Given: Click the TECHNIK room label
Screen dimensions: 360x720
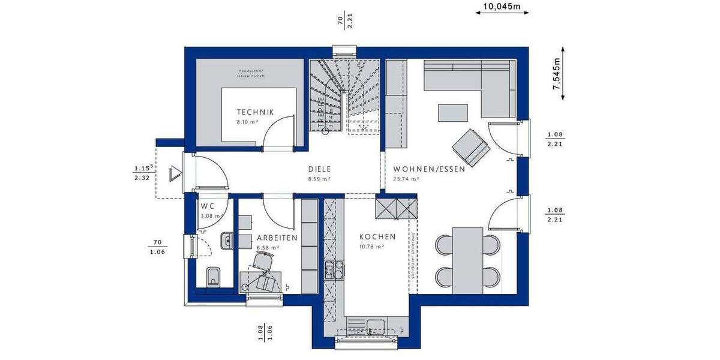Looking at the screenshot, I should pyautogui.click(x=255, y=112).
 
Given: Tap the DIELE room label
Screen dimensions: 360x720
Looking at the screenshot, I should pyautogui.click(x=320, y=169).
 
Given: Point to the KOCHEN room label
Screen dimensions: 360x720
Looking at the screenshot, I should pyautogui.click(x=377, y=237).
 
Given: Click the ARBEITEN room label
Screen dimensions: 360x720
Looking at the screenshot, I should pyautogui.click(x=277, y=238).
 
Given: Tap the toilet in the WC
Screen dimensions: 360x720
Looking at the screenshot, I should pyautogui.click(x=213, y=278).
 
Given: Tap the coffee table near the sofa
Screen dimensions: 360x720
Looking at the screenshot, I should pyautogui.click(x=453, y=112).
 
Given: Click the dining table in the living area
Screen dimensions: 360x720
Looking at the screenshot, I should pyautogui.click(x=467, y=260).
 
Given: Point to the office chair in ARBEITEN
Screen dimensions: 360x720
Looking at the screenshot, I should pyautogui.click(x=263, y=262).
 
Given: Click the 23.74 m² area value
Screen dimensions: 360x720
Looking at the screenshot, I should pyautogui.click(x=405, y=179).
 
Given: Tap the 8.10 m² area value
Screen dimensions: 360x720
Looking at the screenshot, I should pyautogui.click(x=247, y=122).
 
